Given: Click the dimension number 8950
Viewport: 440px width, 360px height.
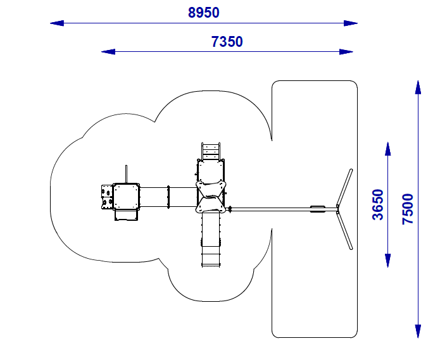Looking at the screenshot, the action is [203, 13].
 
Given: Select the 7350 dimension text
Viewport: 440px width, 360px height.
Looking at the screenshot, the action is [227, 42].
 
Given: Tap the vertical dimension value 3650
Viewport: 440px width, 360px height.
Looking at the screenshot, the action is [378, 204].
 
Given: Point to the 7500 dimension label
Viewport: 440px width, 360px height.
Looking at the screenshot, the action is [408, 209].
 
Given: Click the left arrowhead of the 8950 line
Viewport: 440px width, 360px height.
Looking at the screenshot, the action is [57, 23].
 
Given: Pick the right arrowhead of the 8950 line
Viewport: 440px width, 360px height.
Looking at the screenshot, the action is [351, 23].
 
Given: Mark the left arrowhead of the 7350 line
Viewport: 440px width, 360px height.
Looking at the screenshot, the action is [108, 52].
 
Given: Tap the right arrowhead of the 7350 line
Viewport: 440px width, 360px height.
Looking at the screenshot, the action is [346, 52].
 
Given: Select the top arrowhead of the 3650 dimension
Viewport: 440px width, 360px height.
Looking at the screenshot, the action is [388, 149].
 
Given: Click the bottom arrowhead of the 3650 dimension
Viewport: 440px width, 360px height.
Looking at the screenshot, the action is [388, 261].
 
